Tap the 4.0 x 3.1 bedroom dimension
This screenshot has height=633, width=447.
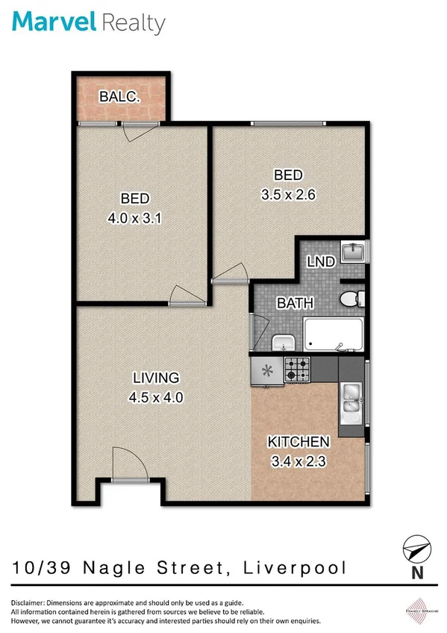click(x=135, y=220)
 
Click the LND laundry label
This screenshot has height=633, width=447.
click(x=320, y=262)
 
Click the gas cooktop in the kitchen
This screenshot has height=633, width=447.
click(x=299, y=369)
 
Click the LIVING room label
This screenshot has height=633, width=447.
click(x=157, y=377)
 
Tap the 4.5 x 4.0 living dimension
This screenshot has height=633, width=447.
click(x=157, y=397)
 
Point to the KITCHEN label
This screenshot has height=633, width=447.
click(x=299, y=441)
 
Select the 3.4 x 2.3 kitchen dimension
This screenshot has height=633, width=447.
click(x=299, y=461)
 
